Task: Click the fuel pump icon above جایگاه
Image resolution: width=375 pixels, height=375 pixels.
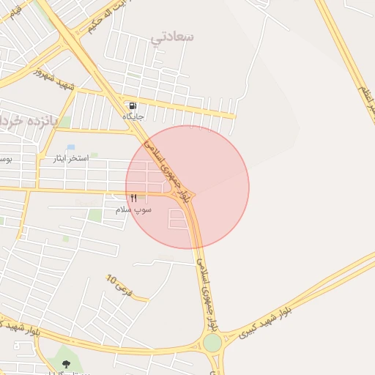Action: (x=133, y=106)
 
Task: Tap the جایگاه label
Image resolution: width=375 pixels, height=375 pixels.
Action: (x=134, y=116)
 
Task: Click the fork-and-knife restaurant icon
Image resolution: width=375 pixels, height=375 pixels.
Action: (x=133, y=198)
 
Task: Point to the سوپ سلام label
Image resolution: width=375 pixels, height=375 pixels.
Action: (x=133, y=209)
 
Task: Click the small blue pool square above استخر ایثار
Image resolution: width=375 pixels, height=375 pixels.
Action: (x=70, y=147)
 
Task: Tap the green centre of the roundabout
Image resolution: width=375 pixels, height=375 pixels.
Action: (x=212, y=342)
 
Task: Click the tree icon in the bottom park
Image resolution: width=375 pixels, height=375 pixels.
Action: (x=67, y=364)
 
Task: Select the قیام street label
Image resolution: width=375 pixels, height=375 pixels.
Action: (x=15, y=10)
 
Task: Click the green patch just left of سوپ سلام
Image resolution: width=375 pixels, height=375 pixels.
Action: (x=95, y=215)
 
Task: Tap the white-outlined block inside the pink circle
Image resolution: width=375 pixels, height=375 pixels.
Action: (x=178, y=218)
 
